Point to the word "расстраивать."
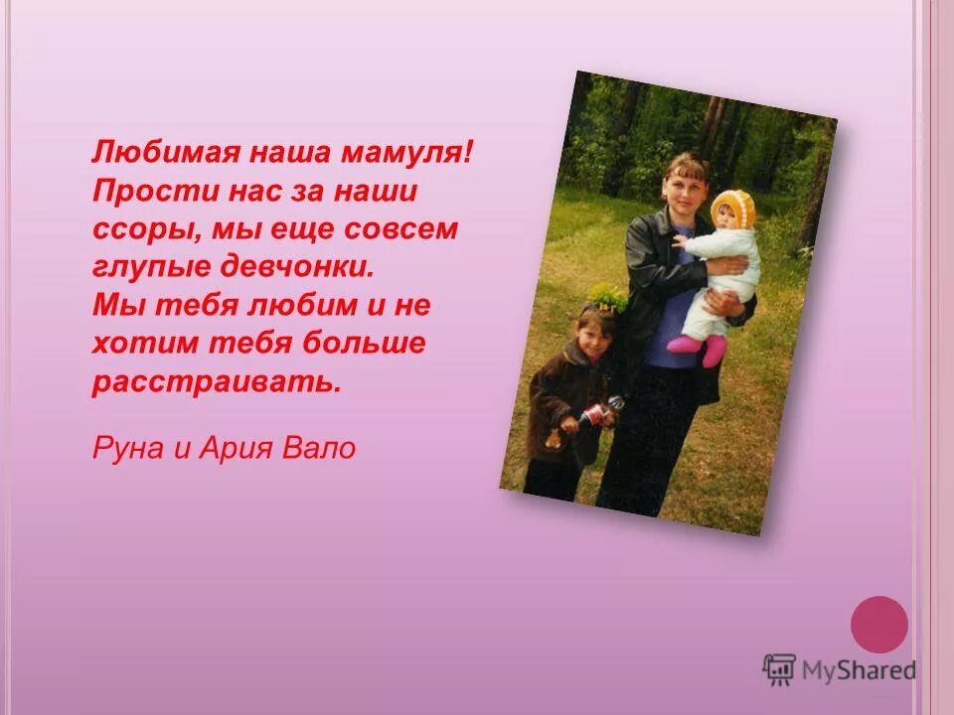pos(217,382)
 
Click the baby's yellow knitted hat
pos(733,208)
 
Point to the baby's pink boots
pos(700,348)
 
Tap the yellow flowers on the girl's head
pos(608,295)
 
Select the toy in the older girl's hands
pos(600,411)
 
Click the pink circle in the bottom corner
pos(879,625)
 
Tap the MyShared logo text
pos(859,670)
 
